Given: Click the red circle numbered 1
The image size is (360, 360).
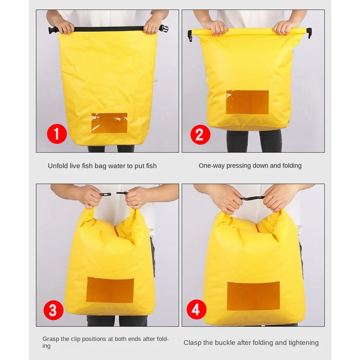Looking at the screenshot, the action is point(57,134).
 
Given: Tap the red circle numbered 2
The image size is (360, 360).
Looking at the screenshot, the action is point(200,135).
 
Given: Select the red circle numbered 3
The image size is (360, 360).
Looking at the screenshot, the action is point(53,310).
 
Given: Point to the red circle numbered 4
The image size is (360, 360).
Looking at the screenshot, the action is point(196,310).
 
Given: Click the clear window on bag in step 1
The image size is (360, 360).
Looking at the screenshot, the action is point(109,123).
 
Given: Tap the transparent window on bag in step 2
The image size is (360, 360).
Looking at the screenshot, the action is point(247,102).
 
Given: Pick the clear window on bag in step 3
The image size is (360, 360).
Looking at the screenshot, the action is point(110,290).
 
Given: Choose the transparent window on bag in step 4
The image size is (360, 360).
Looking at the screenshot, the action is point(253,296).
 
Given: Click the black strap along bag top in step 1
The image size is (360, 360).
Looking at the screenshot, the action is point(108,29).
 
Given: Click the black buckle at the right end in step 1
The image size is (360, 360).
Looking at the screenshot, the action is point(164,29).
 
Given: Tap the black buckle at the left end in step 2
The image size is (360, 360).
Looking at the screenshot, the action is point(190,36).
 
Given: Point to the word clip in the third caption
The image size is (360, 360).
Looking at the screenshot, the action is point(76,339).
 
